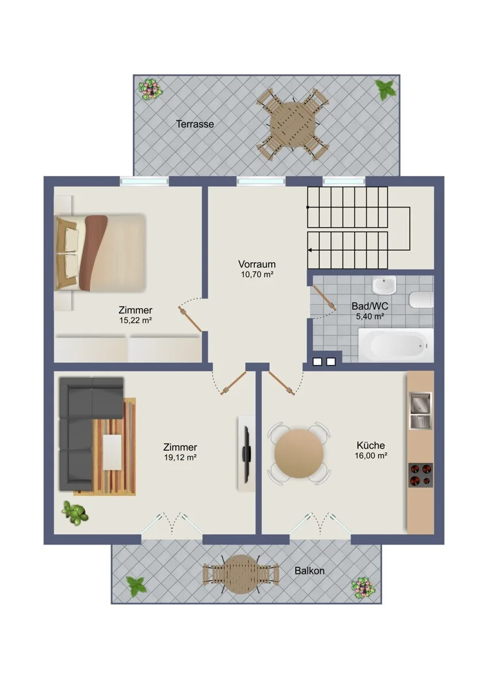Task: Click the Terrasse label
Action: pos(195,124)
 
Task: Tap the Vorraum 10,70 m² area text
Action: pos(257,269)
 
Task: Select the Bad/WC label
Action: pos(370,306)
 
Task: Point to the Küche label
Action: pos(371,446)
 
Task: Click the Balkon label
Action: pos(310,571)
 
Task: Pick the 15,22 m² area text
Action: pos(136,320)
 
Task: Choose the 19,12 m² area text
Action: pos(180,458)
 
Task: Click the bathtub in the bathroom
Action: pos(396,344)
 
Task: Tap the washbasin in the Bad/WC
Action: pos(384,286)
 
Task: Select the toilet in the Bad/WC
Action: pos(421,299)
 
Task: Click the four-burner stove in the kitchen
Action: pos(421,475)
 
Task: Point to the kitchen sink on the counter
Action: pos(421,411)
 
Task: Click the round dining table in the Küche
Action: pos(299,454)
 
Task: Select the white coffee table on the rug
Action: pos(112,452)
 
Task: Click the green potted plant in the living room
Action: pos(75,512)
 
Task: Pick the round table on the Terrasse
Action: pos(293,125)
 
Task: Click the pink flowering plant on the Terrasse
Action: pos(150,89)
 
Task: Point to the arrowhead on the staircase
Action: pos(310,250)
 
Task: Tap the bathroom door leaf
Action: pos(325,298)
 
